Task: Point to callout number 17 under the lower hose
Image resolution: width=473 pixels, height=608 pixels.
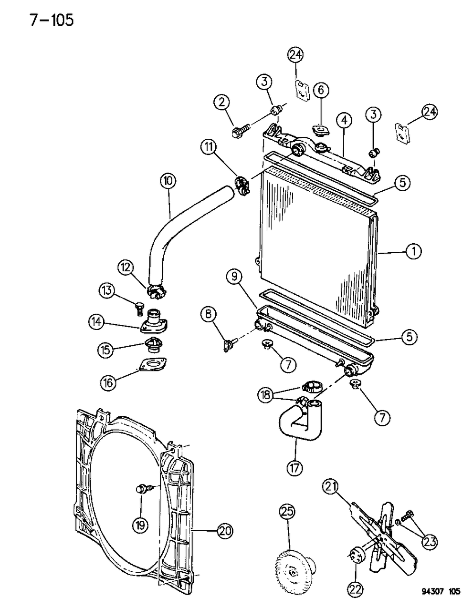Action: [x=294, y=468]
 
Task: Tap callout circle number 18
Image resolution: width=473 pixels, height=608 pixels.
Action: [x=266, y=394]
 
